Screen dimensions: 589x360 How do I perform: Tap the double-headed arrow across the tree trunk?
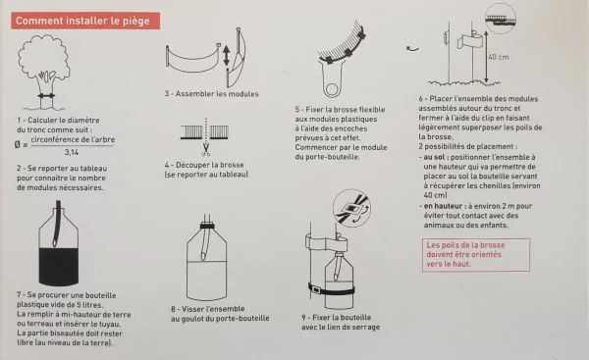pyautogui.click(x=46, y=96)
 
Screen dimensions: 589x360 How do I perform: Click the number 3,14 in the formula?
pyautogui.click(x=72, y=152)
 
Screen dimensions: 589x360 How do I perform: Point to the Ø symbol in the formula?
pyautogui.click(x=18, y=144)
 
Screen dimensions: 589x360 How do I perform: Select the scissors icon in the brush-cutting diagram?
pyautogui.click(x=206, y=149)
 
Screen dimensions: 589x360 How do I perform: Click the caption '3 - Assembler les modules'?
pyautogui.click(x=211, y=94)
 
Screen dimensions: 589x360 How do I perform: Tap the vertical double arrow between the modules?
pyautogui.click(x=226, y=56)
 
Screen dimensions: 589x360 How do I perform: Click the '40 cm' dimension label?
pyautogui.click(x=499, y=57)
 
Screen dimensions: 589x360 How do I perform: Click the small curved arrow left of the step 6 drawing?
pyautogui.click(x=412, y=48)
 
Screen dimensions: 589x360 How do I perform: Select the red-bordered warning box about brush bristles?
pyautogui.click(x=476, y=254)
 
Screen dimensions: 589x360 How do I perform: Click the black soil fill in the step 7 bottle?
pyautogui.click(x=59, y=266)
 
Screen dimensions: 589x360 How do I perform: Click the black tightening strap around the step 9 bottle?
pyautogui.click(x=331, y=289)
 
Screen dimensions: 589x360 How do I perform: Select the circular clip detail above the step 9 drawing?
pyautogui.click(x=351, y=208)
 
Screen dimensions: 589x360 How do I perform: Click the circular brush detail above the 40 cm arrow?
pyautogui.click(x=501, y=18)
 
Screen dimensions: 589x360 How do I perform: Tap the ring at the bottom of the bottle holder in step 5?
pyautogui.click(x=332, y=89)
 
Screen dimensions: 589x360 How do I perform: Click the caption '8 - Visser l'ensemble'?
pyautogui.click(x=208, y=309)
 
